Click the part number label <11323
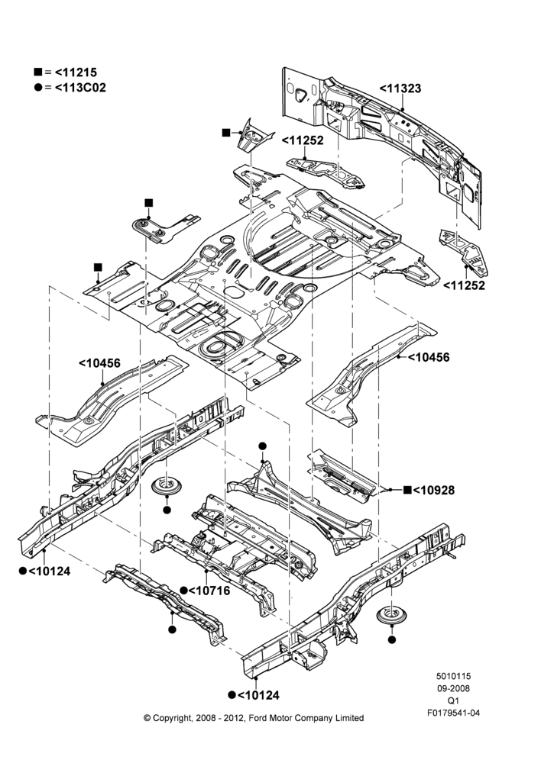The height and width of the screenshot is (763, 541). (400, 89)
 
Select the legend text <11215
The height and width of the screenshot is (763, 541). (76, 72)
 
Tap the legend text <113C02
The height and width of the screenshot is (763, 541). (80, 88)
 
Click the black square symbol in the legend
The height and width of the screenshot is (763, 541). (37, 72)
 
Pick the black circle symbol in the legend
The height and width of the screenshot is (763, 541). (37, 88)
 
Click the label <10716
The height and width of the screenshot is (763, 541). (209, 591)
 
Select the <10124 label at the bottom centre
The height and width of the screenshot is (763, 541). (258, 695)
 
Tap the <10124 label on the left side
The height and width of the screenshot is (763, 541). (49, 571)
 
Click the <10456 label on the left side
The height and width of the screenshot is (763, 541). (99, 363)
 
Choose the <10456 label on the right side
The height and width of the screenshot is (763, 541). (429, 358)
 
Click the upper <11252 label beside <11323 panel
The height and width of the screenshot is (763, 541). (303, 140)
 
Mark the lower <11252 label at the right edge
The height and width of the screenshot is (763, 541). (464, 285)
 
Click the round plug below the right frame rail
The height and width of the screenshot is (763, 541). (392, 615)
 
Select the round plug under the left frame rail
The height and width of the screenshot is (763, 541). (167, 486)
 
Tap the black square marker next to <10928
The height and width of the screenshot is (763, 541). (407, 490)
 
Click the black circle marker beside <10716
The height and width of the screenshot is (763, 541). (183, 591)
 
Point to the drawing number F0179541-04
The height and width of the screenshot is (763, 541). (454, 713)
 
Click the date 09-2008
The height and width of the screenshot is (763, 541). (453, 688)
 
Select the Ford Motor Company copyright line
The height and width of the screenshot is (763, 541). (254, 718)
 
